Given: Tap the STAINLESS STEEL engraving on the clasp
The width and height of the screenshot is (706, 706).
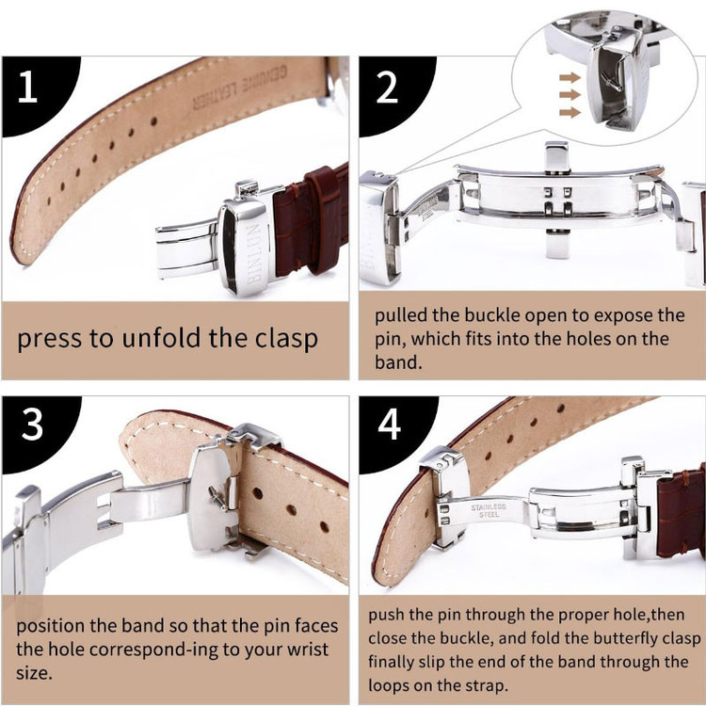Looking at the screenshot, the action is [489, 510].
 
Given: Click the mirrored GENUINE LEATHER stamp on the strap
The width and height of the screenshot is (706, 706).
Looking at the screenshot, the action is [239, 88].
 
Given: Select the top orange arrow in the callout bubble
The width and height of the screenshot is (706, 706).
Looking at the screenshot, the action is [570, 77].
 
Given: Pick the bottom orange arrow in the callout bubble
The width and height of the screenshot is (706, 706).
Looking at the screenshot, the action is [570, 112].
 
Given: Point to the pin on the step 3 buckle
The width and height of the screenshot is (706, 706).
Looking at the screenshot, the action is [218, 498].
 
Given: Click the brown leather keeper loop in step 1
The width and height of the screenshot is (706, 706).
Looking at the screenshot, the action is [323, 219].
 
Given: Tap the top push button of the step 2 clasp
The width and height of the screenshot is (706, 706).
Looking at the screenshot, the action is [557, 157].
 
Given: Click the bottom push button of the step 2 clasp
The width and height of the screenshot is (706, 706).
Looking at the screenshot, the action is [558, 243].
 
